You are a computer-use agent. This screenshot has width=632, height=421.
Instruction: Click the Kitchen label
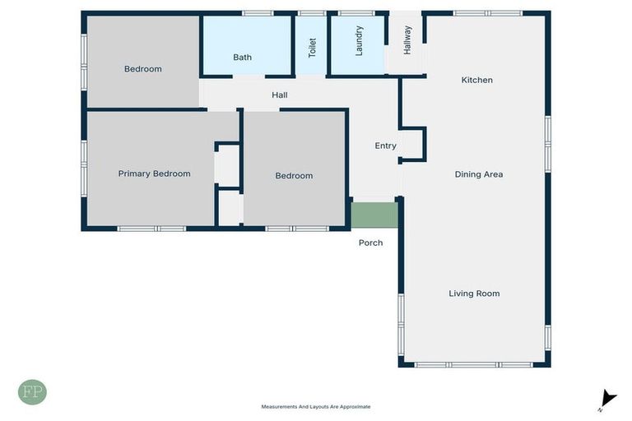click(x=476, y=80)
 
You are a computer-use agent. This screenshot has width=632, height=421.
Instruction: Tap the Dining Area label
click(x=478, y=174)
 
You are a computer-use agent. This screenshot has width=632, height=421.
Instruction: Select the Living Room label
click(x=474, y=294)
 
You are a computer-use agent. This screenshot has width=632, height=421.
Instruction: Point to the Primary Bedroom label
click(x=154, y=173)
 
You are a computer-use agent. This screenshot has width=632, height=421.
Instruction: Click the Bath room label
click(x=242, y=58)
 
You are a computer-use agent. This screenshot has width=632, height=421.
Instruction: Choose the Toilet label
click(x=312, y=48)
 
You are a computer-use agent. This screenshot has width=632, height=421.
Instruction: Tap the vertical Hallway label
click(x=407, y=39)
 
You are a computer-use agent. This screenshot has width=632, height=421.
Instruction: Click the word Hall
click(x=280, y=95)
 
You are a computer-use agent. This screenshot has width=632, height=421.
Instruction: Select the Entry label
click(x=385, y=146)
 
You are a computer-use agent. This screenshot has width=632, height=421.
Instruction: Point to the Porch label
click(x=370, y=243)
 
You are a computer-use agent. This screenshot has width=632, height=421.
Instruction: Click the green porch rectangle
click(x=374, y=215)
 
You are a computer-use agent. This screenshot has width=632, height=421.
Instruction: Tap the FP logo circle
click(x=32, y=392)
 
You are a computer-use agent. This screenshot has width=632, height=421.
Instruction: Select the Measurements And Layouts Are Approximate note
click(x=316, y=407)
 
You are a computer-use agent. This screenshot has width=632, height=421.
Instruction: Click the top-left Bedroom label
click(x=142, y=69)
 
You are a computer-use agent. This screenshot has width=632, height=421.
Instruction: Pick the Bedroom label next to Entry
click(x=294, y=176)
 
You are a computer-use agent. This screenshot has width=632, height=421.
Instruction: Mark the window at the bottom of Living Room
click(x=473, y=364)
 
